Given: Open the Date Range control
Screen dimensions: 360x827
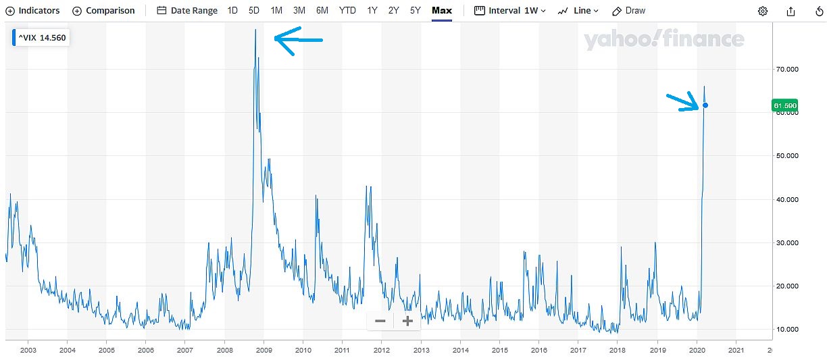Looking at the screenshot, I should tap(187, 11).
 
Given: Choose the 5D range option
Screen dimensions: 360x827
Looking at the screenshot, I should tap(254, 11).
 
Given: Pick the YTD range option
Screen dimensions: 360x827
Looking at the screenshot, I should tap(347, 11).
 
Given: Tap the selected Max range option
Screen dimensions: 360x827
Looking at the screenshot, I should tap(442, 11).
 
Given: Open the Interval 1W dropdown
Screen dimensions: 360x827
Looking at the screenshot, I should tap(510, 11).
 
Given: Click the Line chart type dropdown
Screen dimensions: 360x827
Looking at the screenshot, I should tap(578, 11).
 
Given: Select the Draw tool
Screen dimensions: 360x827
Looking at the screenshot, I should tap(628, 11).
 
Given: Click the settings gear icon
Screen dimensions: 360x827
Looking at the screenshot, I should tap(763, 11).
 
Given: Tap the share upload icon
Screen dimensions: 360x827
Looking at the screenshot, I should tap(791, 11).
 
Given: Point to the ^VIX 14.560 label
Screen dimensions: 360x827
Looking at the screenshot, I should tap(41, 38).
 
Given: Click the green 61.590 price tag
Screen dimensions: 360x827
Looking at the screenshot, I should tap(784, 106).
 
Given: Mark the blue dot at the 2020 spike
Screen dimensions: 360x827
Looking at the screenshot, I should tap(705, 105).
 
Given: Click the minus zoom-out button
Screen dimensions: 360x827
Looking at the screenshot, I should tap(380, 322).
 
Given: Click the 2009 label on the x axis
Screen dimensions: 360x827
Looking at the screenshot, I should tap(264, 350).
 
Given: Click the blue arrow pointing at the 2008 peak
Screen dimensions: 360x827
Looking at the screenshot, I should tap(298, 41).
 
